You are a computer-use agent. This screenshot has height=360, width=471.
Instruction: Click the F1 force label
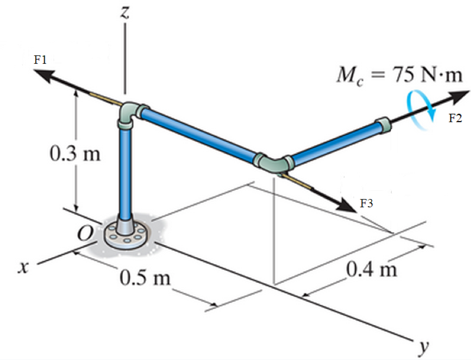click(40, 60)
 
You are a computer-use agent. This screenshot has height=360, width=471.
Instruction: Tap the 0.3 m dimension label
click(75, 154)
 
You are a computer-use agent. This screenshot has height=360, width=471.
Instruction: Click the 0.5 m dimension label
click(145, 278)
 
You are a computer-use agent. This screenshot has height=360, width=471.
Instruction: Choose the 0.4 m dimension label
click(372, 270)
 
